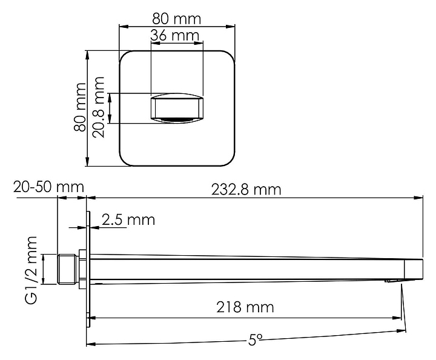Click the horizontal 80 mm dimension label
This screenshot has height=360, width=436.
point(176,19)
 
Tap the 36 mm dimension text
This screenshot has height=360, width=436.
point(175,35)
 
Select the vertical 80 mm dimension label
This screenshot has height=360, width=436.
point(80,107)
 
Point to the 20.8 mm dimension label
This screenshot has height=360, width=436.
point(98,107)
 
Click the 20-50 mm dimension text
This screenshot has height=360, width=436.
point(48,187)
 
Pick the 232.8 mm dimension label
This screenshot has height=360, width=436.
point(246,190)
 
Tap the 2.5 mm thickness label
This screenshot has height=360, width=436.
point(128,220)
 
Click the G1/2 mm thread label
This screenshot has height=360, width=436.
point(31,270)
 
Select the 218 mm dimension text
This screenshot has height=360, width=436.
point(245,307)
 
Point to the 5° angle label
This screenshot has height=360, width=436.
point(255,339)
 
